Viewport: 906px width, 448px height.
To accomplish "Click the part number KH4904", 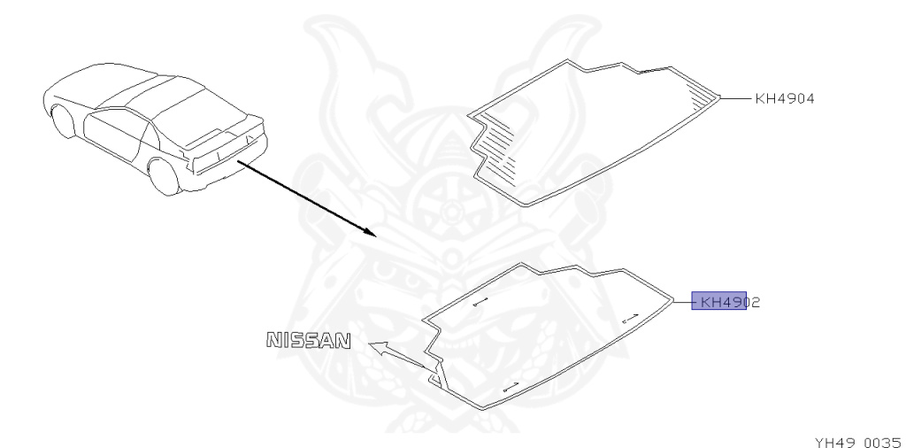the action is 784,99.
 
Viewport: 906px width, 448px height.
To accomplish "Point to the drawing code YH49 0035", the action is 851,436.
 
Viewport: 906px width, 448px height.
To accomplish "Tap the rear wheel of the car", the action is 161,174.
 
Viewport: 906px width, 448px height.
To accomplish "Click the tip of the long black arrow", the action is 376,236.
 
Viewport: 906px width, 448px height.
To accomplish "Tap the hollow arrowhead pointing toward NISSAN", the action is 379,348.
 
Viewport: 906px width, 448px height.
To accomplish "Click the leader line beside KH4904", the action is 737,98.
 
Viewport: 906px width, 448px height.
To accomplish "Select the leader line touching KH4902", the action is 683,302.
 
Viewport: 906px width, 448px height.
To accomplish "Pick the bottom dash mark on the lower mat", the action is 509,386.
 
